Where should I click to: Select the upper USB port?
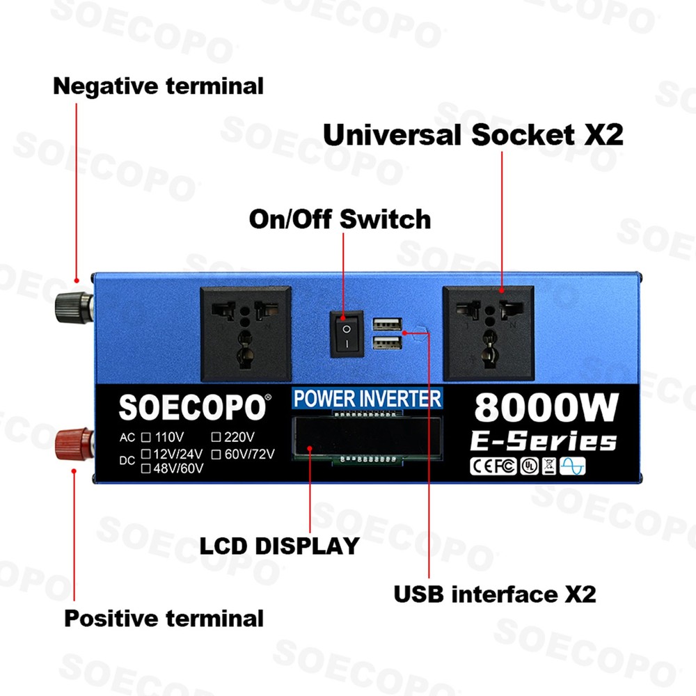click(386, 324)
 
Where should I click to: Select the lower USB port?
click(386, 343)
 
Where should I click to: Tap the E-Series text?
click(544, 441)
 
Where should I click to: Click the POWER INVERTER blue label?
click(367, 399)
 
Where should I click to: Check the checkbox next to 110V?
click(146, 438)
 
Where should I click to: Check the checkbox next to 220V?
click(216, 438)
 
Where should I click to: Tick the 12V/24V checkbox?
click(146, 454)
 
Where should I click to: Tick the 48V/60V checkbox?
click(146, 468)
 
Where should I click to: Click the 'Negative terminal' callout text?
click(158, 86)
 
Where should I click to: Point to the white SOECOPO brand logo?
click(192, 408)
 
